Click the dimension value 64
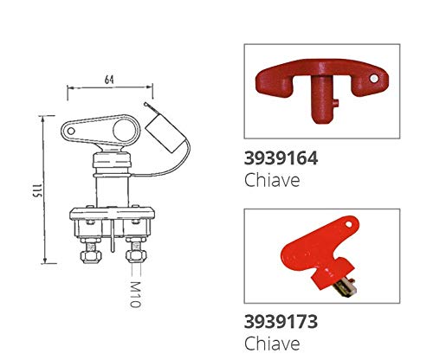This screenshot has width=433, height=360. (x=109, y=80)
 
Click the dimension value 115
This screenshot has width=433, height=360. (x=37, y=190)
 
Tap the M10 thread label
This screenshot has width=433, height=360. (x=135, y=294)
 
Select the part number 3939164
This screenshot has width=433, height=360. (x=281, y=158)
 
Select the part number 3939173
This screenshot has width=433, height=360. (x=281, y=321)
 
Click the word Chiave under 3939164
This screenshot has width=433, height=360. (x=272, y=180)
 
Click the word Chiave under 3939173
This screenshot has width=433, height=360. (x=272, y=343)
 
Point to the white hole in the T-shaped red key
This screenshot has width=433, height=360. (x=374, y=78)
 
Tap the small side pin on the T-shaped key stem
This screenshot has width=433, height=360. (x=335, y=103)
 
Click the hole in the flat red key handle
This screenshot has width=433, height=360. (x=348, y=224)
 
